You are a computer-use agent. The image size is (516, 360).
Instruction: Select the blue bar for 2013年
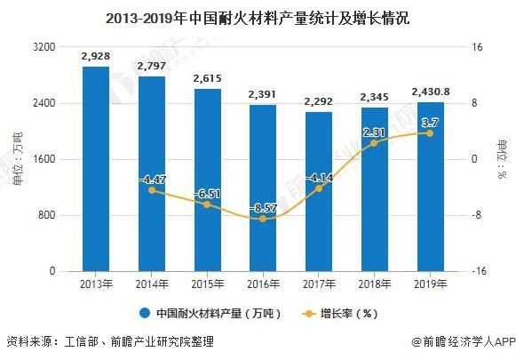[x=95, y=169]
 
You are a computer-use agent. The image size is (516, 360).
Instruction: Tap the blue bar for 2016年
[x=263, y=188]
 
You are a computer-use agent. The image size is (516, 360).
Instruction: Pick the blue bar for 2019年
[x=430, y=186]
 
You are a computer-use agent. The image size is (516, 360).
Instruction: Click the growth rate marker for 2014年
[x=151, y=190]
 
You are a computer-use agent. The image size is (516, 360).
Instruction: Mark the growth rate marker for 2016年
[x=263, y=219]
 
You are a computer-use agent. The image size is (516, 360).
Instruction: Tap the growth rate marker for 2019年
[x=430, y=133]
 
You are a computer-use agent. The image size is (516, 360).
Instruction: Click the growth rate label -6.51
[x=207, y=193]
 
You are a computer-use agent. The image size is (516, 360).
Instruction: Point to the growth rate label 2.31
[x=374, y=132]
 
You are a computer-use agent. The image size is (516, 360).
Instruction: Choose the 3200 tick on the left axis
[x=44, y=47]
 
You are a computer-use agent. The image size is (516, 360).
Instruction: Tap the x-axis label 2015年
[x=207, y=284]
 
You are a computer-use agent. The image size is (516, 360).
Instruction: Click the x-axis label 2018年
[x=374, y=284]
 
